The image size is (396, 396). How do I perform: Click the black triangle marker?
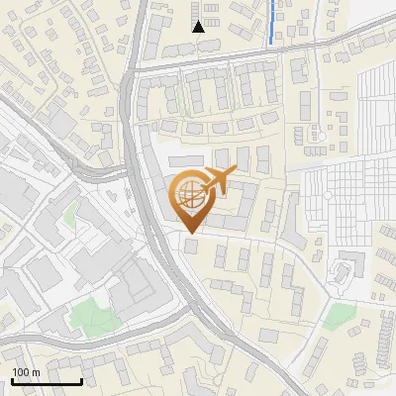pos(199,27)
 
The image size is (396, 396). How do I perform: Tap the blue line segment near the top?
pos(272,20)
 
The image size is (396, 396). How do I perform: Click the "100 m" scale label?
pos(26,372)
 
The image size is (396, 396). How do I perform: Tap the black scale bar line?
pos(47,381)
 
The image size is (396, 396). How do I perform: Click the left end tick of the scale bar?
pos(12,379)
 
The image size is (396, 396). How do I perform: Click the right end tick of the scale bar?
pos(81,379)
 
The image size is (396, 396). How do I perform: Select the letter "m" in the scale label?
pos(36,372)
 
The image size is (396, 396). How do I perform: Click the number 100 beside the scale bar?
pos(21,372)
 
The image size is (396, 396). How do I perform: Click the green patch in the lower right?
pos(340,317)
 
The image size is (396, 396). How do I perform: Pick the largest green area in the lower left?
pos(91,316)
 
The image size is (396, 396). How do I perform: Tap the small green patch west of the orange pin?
pos(70,215)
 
